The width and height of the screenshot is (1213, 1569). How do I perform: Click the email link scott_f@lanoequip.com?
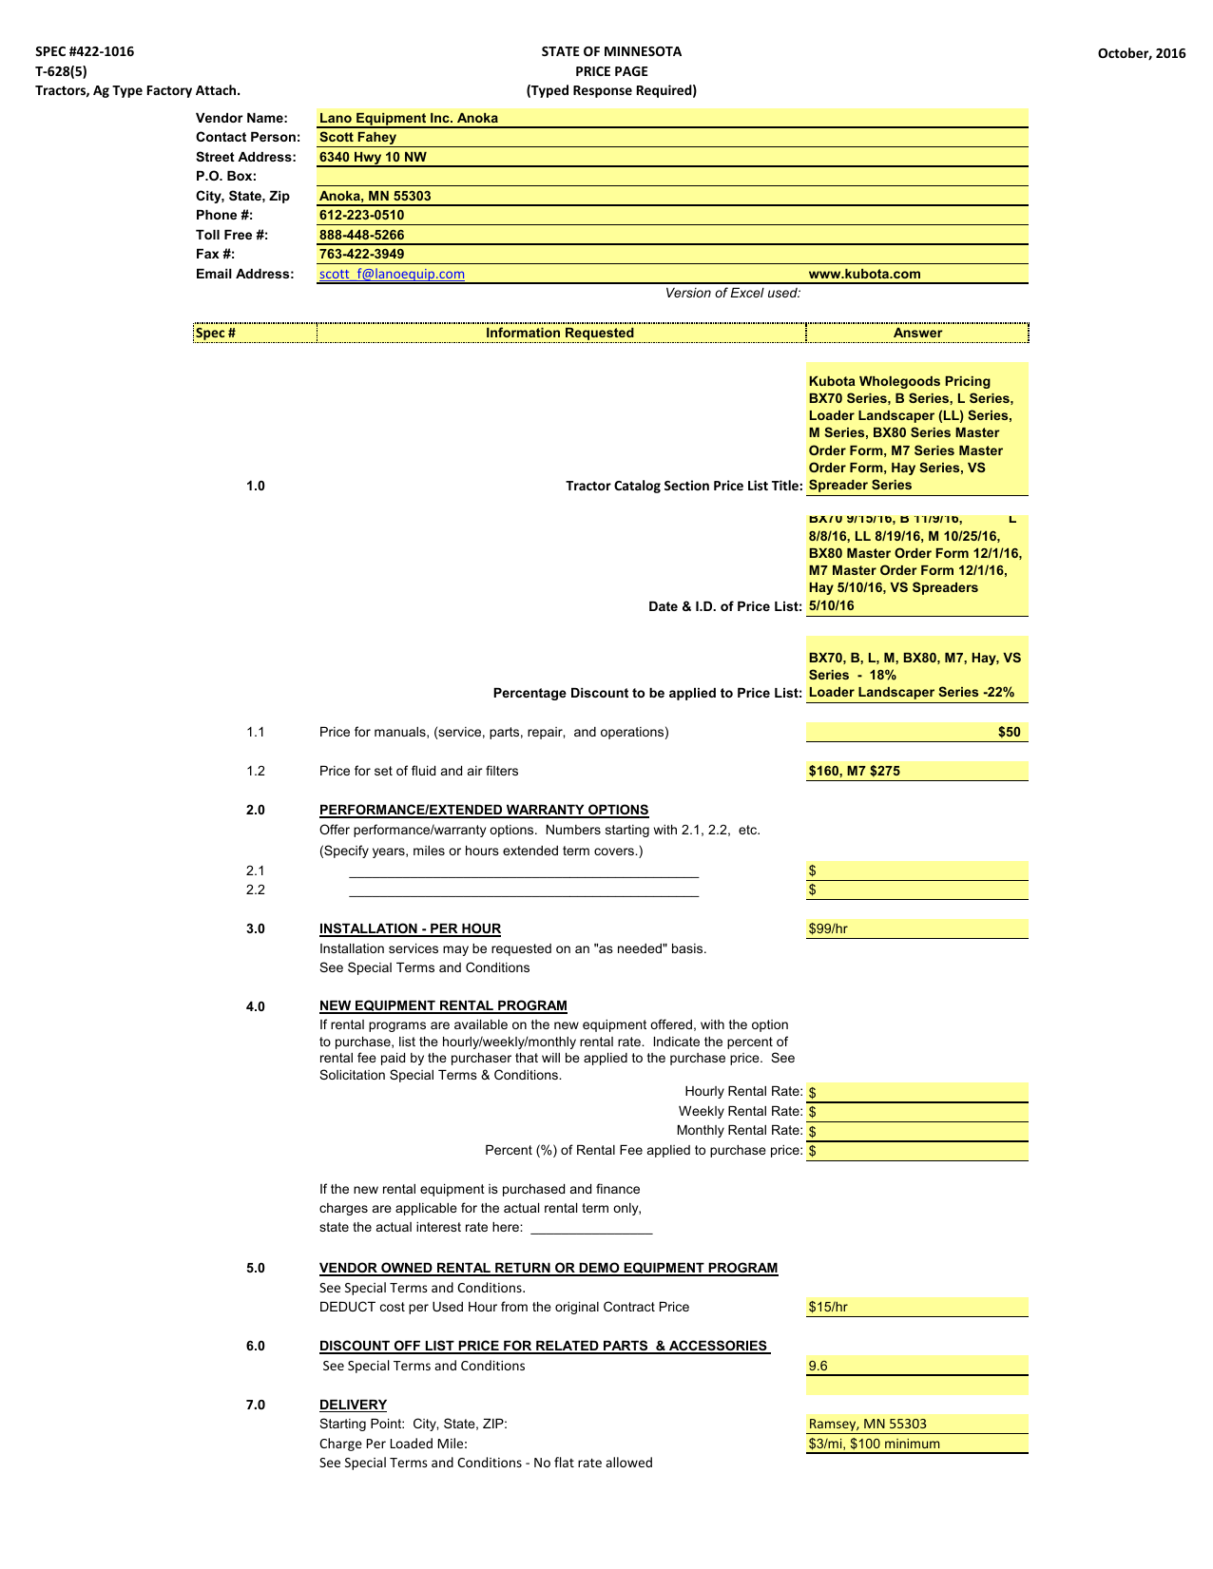(x=392, y=275)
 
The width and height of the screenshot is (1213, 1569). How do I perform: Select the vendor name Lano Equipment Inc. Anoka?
(x=409, y=118)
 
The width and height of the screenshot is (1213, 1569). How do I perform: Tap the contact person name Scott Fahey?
(x=357, y=138)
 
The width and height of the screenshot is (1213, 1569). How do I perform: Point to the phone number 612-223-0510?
(x=361, y=216)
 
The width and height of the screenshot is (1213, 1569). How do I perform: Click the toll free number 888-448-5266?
(x=361, y=235)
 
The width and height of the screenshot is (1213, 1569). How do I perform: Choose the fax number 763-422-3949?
(x=361, y=255)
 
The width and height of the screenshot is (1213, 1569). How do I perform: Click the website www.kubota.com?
(x=864, y=275)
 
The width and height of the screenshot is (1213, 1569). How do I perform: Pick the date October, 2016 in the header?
(x=1141, y=53)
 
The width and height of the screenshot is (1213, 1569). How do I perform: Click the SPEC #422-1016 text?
(x=85, y=51)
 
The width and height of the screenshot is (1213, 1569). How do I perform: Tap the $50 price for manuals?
(x=1009, y=733)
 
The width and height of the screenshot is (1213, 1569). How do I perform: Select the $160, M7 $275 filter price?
(x=854, y=772)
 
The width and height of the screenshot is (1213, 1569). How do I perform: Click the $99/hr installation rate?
(x=828, y=929)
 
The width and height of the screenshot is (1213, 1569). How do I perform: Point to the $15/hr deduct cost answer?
(x=828, y=1308)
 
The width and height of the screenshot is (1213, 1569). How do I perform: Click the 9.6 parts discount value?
(x=818, y=1367)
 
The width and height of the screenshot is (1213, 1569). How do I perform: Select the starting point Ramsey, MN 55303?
(x=867, y=1425)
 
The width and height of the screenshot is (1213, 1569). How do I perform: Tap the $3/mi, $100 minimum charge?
(x=874, y=1445)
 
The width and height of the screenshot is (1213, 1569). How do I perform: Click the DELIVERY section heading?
(x=353, y=1405)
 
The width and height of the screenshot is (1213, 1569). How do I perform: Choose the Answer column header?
(x=917, y=334)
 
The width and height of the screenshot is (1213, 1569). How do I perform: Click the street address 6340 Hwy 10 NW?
(x=373, y=157)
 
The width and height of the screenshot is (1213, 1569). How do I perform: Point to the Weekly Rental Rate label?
(x=740, y=1112)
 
